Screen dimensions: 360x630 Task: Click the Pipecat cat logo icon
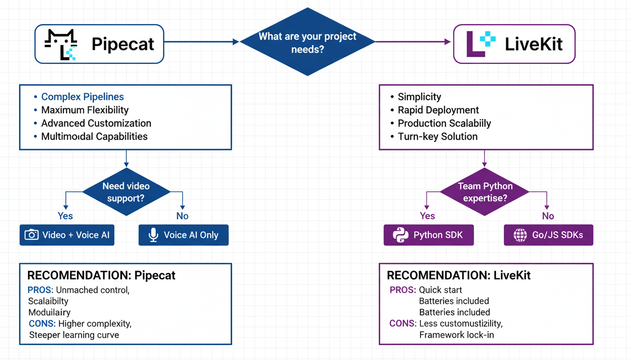click(x=60, y=45)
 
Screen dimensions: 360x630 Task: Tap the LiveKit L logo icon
click(x=480, y=44)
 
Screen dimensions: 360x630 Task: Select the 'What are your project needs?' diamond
click(x=307, y=42)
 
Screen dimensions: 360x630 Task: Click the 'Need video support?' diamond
click(x=126, y=192)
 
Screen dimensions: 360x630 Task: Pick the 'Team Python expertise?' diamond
click(x=485, y=192)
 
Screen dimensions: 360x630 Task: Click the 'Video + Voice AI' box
click(x=67, y=235)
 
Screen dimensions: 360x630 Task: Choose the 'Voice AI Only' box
click(x=183, y=235)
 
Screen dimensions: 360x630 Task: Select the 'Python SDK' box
click(x=428, y=235)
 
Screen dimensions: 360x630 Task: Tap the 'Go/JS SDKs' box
click(x=548, y=235)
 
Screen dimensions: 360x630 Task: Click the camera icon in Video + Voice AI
click(x=31, y=235)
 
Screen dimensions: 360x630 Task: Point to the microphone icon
click(x=153, y=235)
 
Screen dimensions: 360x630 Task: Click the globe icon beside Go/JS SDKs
click(x=520, y=235)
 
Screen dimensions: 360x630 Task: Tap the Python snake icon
click(x=400, y=235)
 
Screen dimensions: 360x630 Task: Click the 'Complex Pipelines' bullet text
click(x=82, y=97)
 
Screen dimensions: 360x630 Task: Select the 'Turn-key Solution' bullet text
click(x=437, y=136)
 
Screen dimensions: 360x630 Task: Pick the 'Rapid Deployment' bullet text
click(x=438, y=110)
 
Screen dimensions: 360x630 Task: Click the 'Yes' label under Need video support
click(x=65, y=216)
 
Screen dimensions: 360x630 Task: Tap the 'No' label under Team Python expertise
click(x=547, y=216)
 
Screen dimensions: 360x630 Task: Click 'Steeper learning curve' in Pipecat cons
click(x=74, y=335)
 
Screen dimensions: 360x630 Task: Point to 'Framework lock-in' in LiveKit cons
click(x=457, y=335)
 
